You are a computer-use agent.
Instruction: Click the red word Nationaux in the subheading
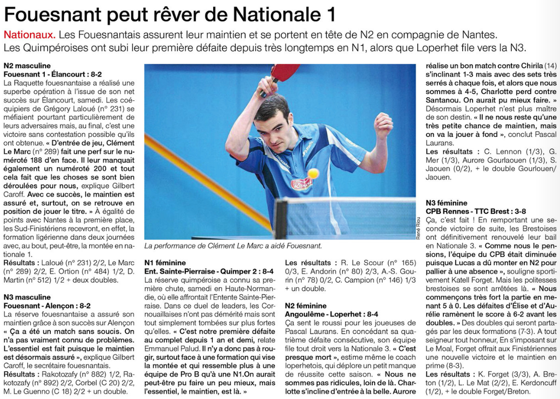click(x=29, y=35)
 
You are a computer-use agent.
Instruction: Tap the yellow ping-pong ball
click(x=313, y=173)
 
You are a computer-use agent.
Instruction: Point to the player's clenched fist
click(x=383, y=125)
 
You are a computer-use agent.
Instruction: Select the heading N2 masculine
click(x=27, y=66)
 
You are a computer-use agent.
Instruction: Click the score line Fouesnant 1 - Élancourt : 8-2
click(x=52, y=74)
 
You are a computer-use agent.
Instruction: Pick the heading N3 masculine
click(x=27, y=297)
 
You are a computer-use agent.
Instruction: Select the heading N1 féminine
click(x=165, y=263)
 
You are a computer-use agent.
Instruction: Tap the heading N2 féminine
click(x=306, y=306)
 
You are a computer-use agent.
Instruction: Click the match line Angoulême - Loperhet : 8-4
click(x=331, y=314)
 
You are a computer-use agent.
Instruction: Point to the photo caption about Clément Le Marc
click(x=233, y=246)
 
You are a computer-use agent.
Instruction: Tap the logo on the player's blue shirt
click(x=301, y=183)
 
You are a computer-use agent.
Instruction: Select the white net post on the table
click(x=281, y=218)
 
